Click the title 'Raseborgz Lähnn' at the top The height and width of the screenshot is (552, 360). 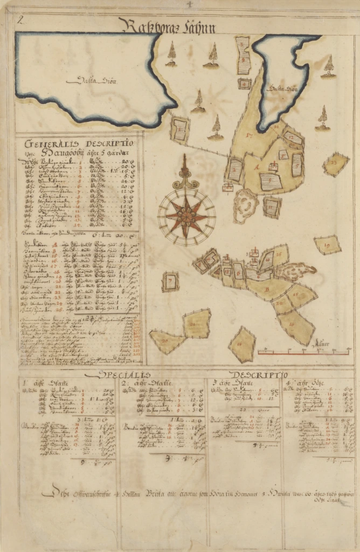pyautogui.click(x=169, y=26)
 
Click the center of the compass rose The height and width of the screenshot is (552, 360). pyautogui.click(x=186, y=216)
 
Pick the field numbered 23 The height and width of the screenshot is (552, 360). pyautogui.click(x=335, y=163)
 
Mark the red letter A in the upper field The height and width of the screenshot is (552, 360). pyautogui.click(x=255, y=167)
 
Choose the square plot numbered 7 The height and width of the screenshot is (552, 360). pyautogui.click(x=170, y=281)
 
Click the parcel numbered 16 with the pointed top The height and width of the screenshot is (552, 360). pyautogui.click(x=241, y=344)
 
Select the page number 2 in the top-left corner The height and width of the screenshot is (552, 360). pyautogui.click(x=20, y=21)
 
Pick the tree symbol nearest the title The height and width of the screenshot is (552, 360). pyautogui.click(x=171, y=54)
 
